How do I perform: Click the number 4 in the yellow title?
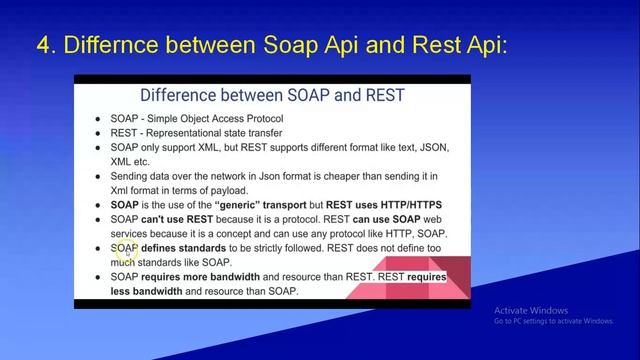43,45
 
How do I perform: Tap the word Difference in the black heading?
184,96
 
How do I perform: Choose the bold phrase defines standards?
184,249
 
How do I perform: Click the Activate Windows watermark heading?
531,310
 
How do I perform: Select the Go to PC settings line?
553,321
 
